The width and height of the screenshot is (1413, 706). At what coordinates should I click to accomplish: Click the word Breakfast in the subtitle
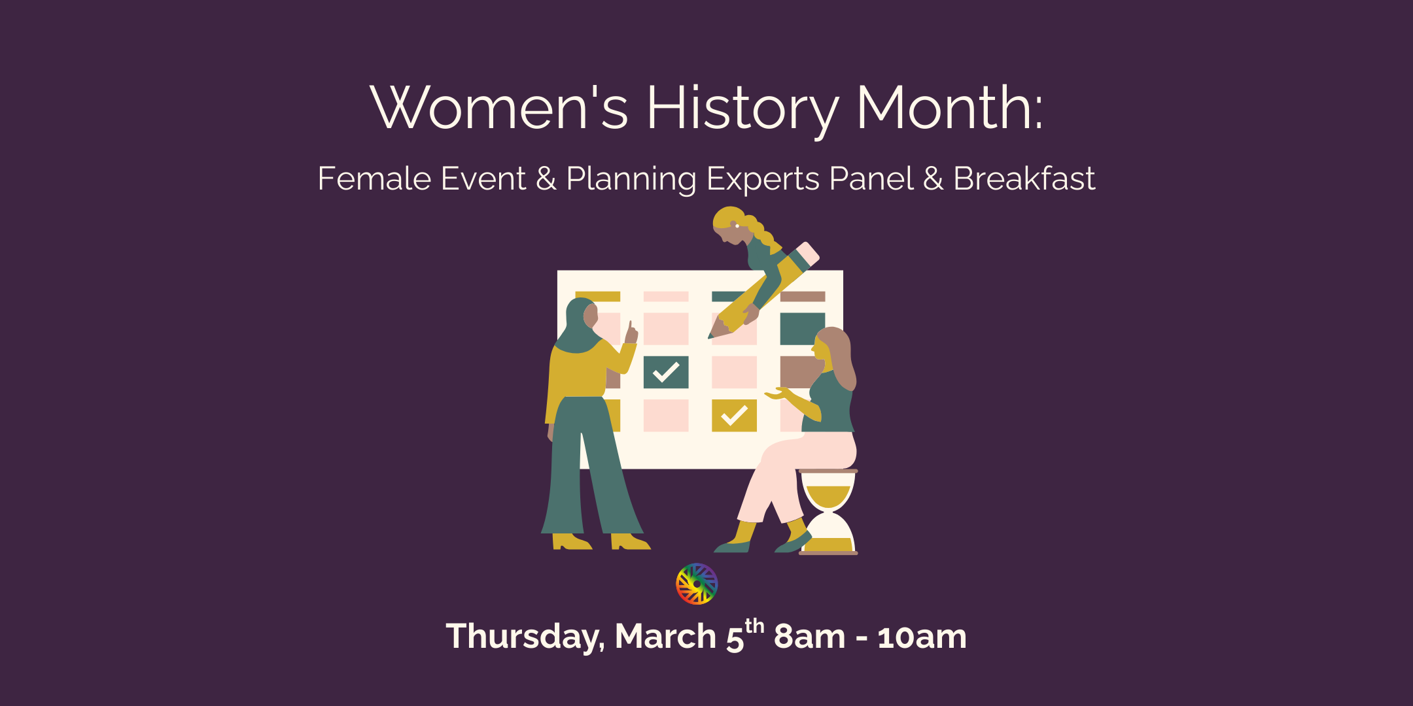[x=1024, y=178]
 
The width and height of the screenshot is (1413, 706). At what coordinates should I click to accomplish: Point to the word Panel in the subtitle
[x=871, y=178]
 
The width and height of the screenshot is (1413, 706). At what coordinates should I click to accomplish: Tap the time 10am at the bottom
[x=922, y=637]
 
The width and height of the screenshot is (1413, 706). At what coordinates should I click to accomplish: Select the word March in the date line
[x=665, y=637]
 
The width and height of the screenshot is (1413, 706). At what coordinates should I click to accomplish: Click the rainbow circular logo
[x=697, y=584]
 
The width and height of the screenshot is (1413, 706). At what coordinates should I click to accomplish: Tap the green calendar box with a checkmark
[x=666, y=372]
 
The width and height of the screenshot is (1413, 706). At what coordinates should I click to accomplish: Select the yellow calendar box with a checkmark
[x=734, y=416]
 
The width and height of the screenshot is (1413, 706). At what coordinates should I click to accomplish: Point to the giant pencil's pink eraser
[x=809, y=254]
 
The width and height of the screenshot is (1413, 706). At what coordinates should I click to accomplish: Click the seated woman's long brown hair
[x=841, y=356]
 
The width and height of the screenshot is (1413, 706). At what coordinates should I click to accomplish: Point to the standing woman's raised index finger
[x=630, y=327]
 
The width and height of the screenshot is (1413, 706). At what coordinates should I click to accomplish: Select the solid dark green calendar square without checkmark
[x=802, y=328]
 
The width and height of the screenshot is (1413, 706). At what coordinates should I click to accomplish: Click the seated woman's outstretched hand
[x=776, y=394]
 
